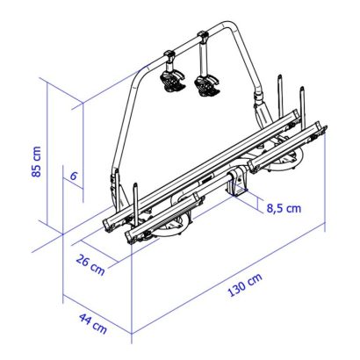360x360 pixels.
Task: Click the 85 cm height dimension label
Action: click(x=37, y=162)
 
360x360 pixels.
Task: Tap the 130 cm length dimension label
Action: click(x=245, y=285)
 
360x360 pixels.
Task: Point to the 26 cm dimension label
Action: click(x=90, y=264)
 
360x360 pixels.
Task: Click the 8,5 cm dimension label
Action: click(x=284, y=209)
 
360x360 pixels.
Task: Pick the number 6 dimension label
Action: click(x=74, y=176)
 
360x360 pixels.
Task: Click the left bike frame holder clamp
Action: click(x=173, y=81)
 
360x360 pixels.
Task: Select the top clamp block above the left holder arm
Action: click(x=169, y=54)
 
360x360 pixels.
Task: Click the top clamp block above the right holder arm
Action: click(x=203, y=36)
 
